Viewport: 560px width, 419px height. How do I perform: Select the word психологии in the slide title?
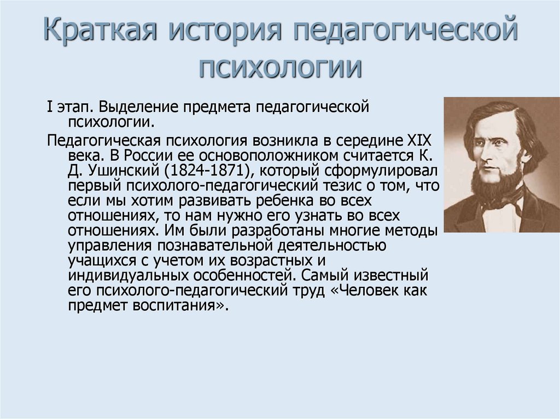click(x=279, y=69)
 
